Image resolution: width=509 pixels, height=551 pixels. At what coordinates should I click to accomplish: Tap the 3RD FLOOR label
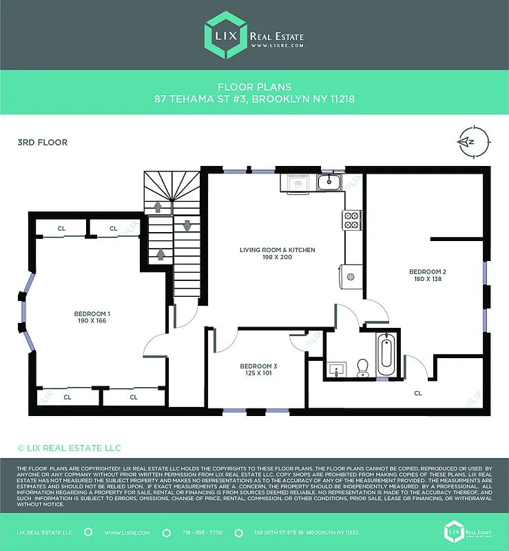tap(42, 143)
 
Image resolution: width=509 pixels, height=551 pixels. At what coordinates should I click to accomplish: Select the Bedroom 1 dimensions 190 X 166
tap(92, 320)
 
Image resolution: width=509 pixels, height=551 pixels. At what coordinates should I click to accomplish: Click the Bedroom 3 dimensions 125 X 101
tap(258, 374)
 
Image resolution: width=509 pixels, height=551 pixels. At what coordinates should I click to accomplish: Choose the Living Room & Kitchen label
tap(277, 250)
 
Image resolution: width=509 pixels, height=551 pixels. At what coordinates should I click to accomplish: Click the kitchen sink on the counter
tap(329, 183)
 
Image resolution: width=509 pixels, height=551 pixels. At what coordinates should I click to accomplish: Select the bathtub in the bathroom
tap(386, 353)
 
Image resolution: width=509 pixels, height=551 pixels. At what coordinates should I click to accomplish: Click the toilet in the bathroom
tap(363, 368)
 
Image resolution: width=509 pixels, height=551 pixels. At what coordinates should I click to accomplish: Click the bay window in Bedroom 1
tap(24, 313)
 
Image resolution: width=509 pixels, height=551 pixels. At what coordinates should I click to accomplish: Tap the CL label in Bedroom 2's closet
tap(418, 393)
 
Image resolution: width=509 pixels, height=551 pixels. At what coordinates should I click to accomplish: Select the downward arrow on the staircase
tap(187, 226)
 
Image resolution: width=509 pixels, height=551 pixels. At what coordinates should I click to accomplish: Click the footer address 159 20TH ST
tap(298, 533)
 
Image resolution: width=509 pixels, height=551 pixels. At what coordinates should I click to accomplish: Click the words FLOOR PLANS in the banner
tap(254, 87)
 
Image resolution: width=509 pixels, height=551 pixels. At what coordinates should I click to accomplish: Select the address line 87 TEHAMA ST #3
tap(254, 99)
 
